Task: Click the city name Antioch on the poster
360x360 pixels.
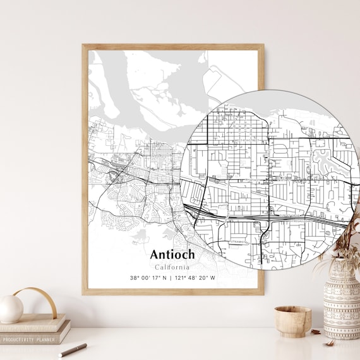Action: (x=172, y=255)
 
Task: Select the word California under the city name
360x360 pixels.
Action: (x=172, y=267)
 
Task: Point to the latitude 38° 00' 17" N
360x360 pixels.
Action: (x=149, y=278)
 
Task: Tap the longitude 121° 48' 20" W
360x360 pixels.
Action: (x=196, y=278)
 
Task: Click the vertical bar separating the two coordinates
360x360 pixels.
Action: (x=172, y=278)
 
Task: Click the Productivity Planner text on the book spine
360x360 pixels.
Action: (x=29, y=339)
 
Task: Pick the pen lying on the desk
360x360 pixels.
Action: (x=73, y=349)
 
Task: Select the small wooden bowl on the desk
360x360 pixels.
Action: (x=292, y=320)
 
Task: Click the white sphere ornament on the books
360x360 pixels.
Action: (x=11, y=309)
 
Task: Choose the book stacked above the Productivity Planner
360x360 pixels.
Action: (x=35, y=326)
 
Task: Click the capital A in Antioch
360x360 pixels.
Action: (x=155, y=255)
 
